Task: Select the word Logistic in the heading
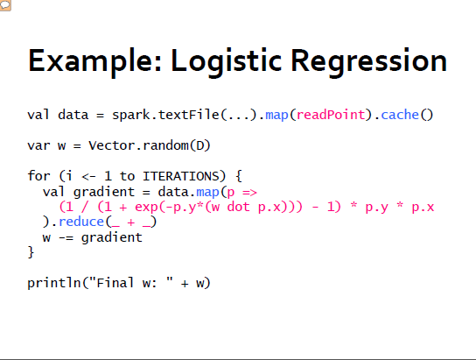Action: tap(226, 62)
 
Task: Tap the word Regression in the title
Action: tap(369, 62)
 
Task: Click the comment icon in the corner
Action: tap(5, 5)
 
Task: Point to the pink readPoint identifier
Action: tap(331, 115)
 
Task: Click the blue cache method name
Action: tap(400, 115)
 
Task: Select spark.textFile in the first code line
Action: tap(165, 115)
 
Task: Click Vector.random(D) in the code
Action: tap(150, 145)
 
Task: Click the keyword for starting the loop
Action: tap(38, 176)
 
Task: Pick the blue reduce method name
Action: tap(81, 222)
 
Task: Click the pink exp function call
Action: tap(146, 208)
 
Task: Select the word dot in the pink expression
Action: tap(239, 207)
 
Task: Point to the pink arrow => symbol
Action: tap(250, 193)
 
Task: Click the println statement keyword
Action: tap(54, 283)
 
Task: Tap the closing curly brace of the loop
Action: tap(31, 252)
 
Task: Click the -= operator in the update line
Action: tap(66, 237)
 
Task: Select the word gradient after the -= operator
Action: tap(111, 237)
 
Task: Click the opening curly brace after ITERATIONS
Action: tap(239, 176)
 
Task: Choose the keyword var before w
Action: tap(38, 146)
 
